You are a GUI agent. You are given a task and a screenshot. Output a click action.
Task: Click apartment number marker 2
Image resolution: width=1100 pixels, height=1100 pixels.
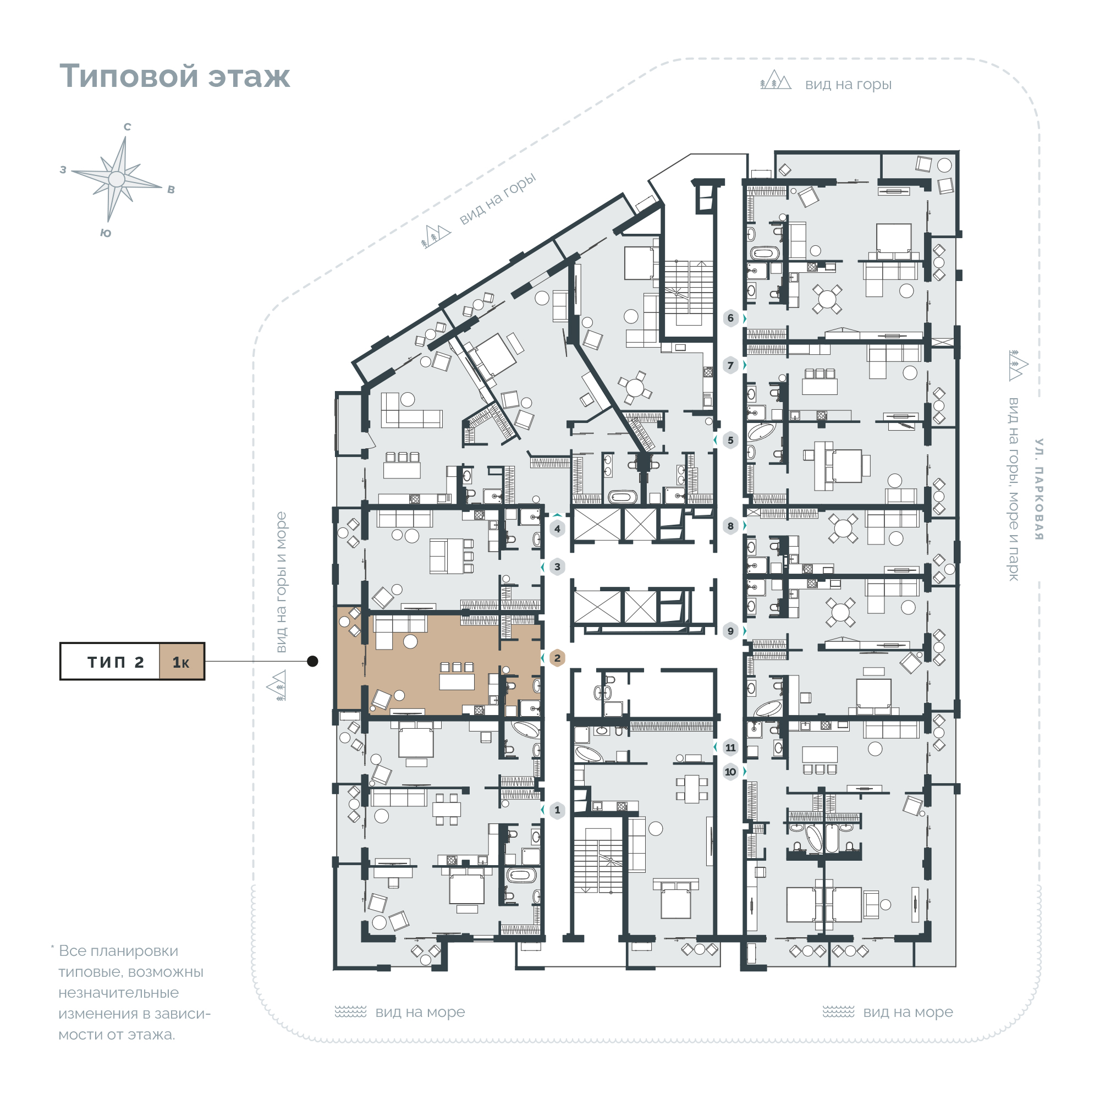(557, 658)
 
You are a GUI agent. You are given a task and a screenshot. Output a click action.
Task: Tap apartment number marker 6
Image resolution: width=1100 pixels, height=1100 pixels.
(730, 318)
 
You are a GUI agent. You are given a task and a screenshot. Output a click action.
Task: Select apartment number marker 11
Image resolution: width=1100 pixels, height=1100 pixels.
(730, 747)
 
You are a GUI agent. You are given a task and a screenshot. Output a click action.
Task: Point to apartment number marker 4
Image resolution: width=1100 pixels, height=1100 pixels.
(557, 529)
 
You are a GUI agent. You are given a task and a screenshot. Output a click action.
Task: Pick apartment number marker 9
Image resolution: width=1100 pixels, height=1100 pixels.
(730, 631)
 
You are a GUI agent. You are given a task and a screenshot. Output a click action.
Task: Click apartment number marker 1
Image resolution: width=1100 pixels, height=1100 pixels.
(557, 810)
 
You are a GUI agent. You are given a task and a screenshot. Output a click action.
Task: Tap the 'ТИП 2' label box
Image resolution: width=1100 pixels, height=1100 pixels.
(110, 662)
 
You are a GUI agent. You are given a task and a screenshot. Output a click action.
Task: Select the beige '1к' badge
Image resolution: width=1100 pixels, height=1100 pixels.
(182, 662)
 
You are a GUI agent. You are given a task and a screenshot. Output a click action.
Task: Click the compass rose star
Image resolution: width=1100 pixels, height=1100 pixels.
(117, 179)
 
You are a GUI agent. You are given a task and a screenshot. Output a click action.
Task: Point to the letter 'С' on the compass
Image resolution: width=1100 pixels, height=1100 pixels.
(128, 127)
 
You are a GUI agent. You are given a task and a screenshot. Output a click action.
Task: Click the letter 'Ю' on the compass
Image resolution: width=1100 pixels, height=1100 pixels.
(106, 233)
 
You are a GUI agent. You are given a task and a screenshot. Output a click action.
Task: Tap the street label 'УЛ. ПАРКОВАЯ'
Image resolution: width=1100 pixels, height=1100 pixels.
(1039, 489)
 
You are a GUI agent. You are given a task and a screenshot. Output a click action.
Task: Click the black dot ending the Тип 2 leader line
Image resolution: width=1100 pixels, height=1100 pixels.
(312, 661)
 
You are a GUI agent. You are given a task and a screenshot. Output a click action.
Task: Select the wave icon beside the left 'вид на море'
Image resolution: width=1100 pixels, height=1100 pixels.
(350, 1012)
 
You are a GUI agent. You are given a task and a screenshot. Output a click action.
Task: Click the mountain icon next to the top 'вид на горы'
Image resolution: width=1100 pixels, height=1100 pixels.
(776, 80)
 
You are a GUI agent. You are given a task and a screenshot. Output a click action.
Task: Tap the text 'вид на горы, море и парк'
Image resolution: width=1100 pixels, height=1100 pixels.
(1014, 490)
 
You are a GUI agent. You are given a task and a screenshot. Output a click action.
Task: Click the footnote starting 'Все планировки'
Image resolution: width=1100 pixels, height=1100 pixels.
(131, 992)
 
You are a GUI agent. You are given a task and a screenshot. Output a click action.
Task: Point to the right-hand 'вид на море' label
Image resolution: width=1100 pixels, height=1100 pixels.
(908, 1012)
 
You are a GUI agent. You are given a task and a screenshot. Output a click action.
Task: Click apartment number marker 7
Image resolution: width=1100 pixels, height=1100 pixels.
(730, 366)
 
